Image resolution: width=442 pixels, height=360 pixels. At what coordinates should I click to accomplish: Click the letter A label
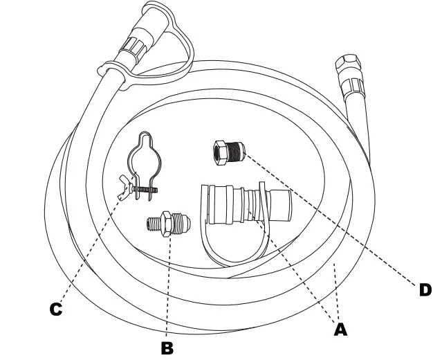tap(340, 330)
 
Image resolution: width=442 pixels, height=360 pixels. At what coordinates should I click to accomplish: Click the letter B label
tap(166, 347)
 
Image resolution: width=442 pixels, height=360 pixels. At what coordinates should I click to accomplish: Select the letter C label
tap(55, 309)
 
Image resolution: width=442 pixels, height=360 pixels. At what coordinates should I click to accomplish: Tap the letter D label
tap(425, 289)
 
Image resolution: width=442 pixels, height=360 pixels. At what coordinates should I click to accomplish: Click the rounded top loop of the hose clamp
tap(146, 142)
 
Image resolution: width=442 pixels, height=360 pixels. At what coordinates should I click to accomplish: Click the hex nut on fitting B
tap(166, 223)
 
